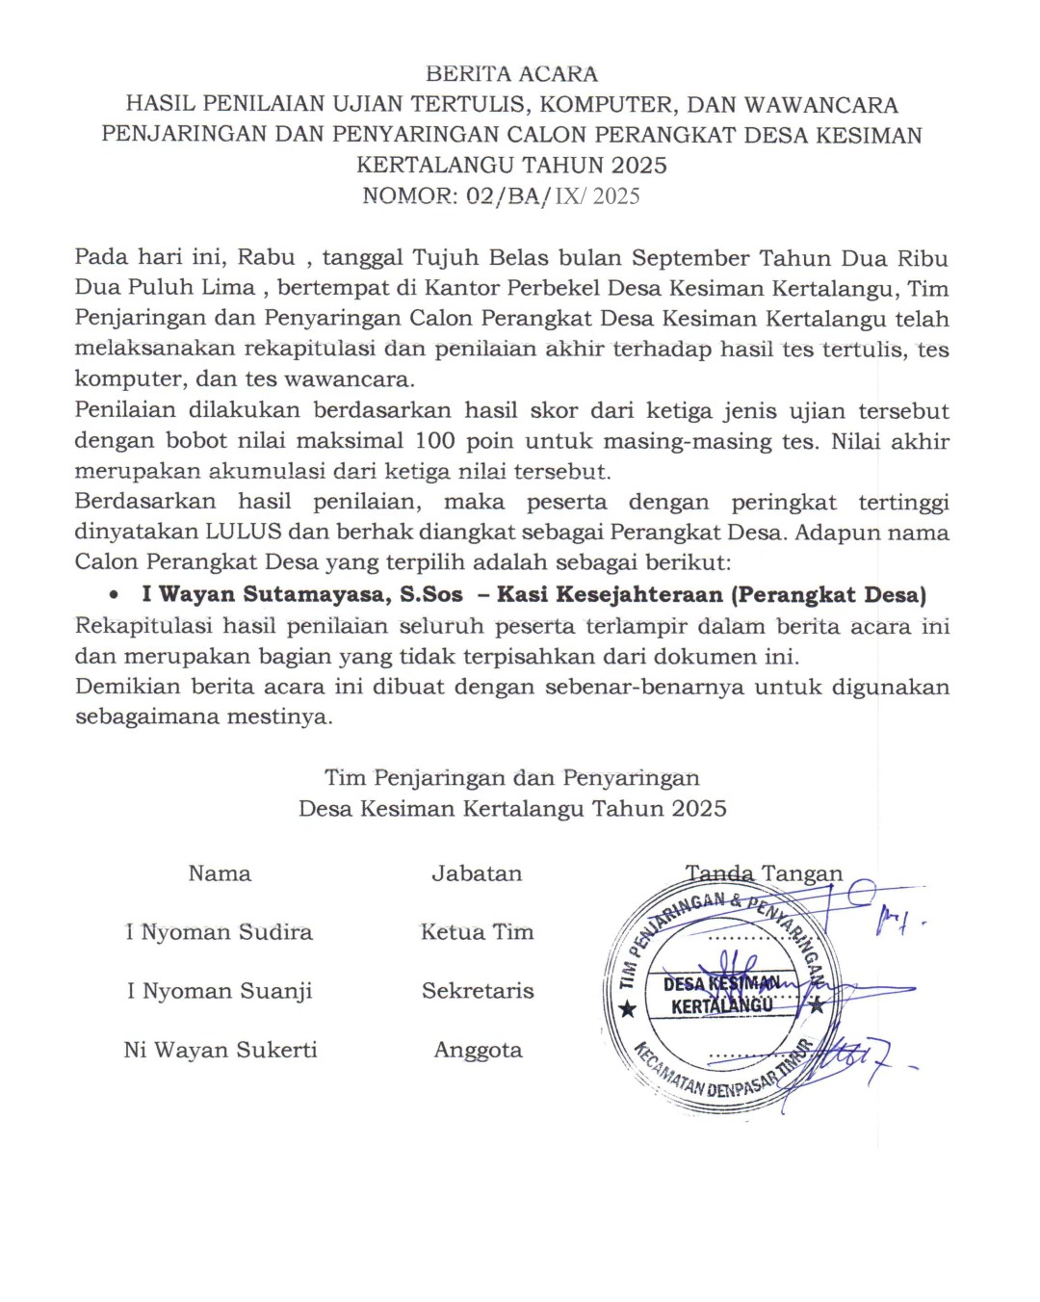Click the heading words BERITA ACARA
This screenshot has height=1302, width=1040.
[x=511, y=74]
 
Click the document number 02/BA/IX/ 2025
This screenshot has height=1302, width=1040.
[x=553, y=196]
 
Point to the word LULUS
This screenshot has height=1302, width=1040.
[x=243, y=533]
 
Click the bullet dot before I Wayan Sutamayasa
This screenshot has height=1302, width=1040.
[x=115, y=595]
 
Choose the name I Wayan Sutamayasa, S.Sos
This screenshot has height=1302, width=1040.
[x=302, y=595]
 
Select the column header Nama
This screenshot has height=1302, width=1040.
[x=220, y=873]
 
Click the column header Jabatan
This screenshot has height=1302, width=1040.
[x=477, y=873]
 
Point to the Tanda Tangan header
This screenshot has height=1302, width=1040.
[x=764, y=873]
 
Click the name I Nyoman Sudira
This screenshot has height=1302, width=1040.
[x=220, y=932]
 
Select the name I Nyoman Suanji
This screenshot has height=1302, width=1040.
[x=220, y=991]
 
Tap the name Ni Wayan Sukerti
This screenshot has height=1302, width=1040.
[x=221, y=1050]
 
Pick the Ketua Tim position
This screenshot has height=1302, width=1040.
[x=477, y=932]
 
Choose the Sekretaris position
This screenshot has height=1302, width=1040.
[x=478, y=991]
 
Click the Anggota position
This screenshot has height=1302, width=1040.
[x=478, y=1050]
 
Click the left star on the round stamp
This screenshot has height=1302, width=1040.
[x=628, y=1008]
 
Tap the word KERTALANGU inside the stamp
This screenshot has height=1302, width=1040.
[x=722, y=1006]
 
